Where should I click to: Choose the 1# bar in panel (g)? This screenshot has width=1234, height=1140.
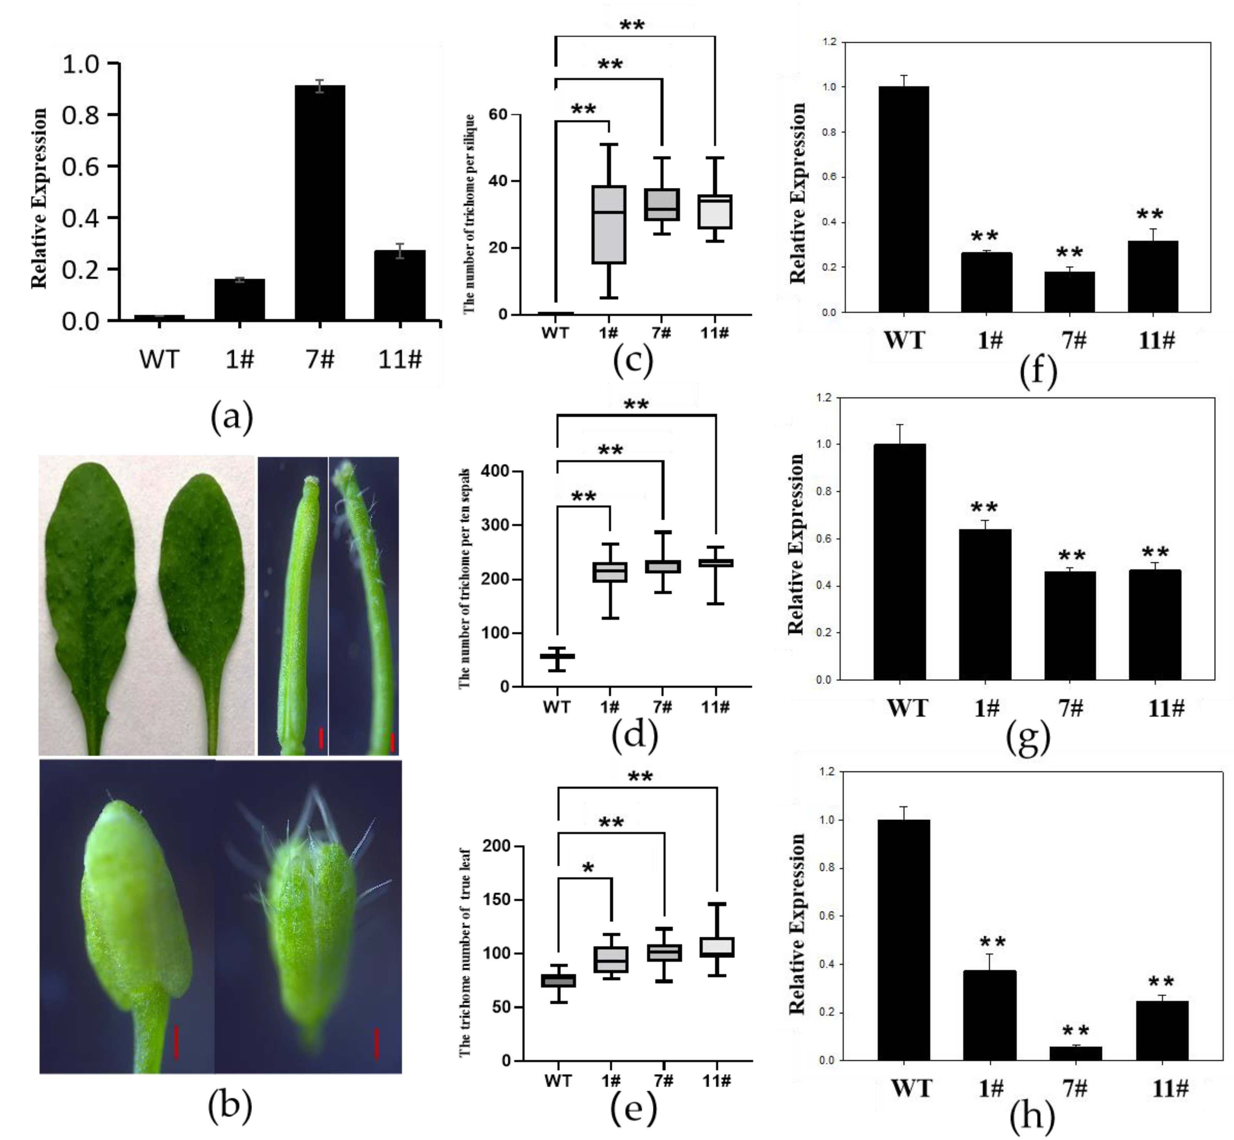tap(985, 604)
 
